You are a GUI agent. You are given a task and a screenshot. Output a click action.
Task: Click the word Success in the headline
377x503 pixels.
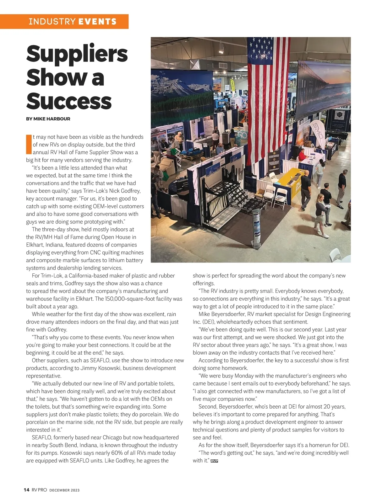tap(69, 101)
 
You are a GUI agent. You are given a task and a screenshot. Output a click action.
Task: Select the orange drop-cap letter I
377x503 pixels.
tap(29, 144)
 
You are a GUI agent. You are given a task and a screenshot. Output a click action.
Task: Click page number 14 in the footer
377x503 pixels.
tap(26, 490)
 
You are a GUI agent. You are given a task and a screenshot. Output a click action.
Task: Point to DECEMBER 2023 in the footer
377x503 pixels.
tap(64, 490)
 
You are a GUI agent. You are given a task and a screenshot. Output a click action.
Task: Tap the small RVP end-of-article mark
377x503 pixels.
tap(214, 461)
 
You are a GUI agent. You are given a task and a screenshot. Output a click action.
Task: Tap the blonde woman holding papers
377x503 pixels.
tap(322, 214)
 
